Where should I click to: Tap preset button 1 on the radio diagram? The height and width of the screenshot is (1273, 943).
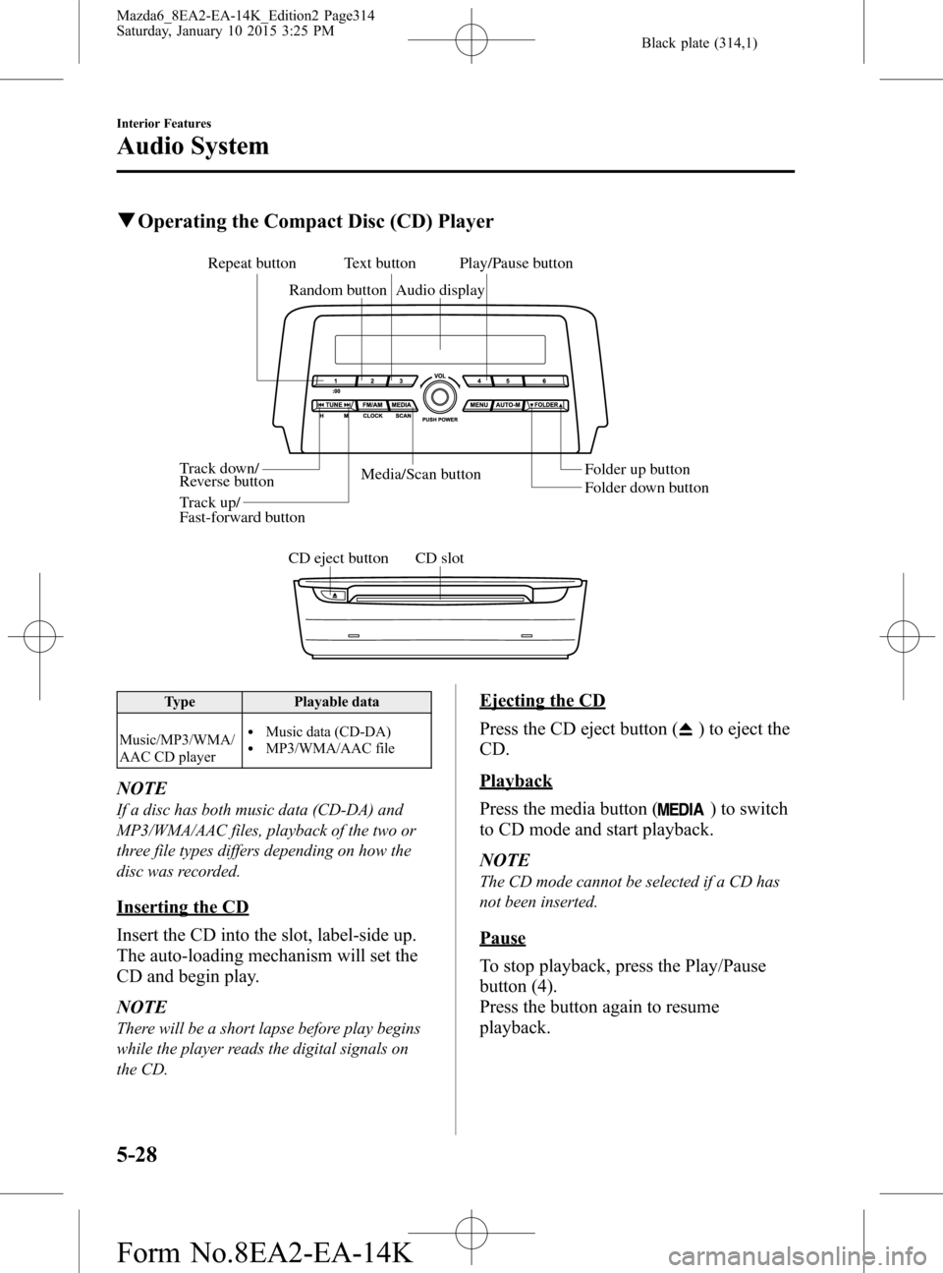pos(335,380)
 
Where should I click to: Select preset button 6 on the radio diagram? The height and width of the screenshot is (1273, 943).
pos(541,380)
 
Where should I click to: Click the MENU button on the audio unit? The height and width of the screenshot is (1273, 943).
pos(478,405)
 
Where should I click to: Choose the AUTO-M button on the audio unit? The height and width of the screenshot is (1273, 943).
pos(507,405)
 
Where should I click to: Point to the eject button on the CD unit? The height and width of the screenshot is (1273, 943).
pos(333,594)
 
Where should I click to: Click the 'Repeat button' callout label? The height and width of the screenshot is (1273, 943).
pos(251,263)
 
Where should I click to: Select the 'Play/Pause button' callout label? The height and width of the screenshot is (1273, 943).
pos(516,263)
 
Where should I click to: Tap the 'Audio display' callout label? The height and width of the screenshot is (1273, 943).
pos(440,290)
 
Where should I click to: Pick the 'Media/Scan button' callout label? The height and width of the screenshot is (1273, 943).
pos(420,475)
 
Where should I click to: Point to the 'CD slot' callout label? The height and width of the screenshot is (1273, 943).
pos(439,558)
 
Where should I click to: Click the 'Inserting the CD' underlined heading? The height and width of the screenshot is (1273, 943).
pos(182,905)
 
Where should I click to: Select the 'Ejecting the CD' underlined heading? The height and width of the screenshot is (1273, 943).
pos(542,700)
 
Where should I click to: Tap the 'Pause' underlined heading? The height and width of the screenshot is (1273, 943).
pos(502,938)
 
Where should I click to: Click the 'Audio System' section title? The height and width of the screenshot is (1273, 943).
pos(192,146)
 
